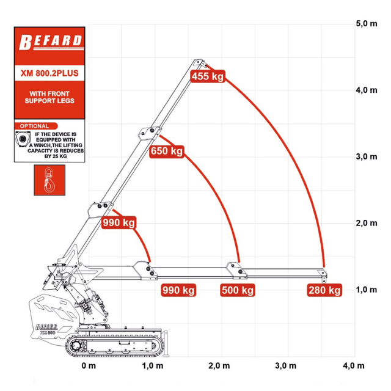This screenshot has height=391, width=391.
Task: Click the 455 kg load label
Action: click(x=208, y=76)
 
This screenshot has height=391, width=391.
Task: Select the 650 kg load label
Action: click(x=167, y=151)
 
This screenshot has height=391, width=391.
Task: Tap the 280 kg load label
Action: click(x=324, y=290)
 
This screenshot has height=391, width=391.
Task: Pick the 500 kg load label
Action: click(x=238, y=290)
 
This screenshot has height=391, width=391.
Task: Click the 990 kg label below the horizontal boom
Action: click(x=178, y=290)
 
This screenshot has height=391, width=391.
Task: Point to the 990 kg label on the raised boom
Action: click(x=119, y=222)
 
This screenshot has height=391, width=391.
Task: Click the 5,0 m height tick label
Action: click(x=367, y=24)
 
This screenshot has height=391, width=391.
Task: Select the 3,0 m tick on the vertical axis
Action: click(x=367, y=157)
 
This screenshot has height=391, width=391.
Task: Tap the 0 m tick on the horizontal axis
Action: click(x=89, y=366)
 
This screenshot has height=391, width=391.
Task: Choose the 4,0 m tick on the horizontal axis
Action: click(x=354, y=366)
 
